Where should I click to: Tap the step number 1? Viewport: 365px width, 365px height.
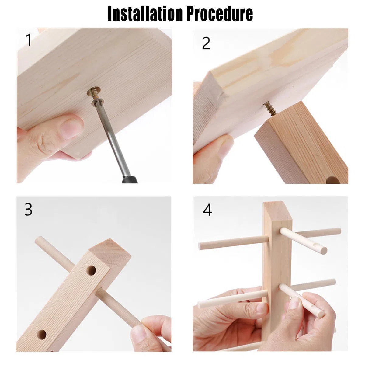click(x=29, y=40)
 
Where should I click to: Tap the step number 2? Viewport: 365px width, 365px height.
click(x=206, y=43)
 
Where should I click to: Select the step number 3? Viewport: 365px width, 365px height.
click(x=28, y=209)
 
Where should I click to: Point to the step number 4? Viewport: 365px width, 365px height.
click(x=207, y=210)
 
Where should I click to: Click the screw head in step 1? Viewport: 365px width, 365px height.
click(x=94, y=93)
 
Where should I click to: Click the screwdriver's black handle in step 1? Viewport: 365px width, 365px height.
click(x=130, y=179)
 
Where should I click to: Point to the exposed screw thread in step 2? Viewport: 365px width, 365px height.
click(x=270, y=108)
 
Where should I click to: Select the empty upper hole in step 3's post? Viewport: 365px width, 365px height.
click(x=91, y=270)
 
